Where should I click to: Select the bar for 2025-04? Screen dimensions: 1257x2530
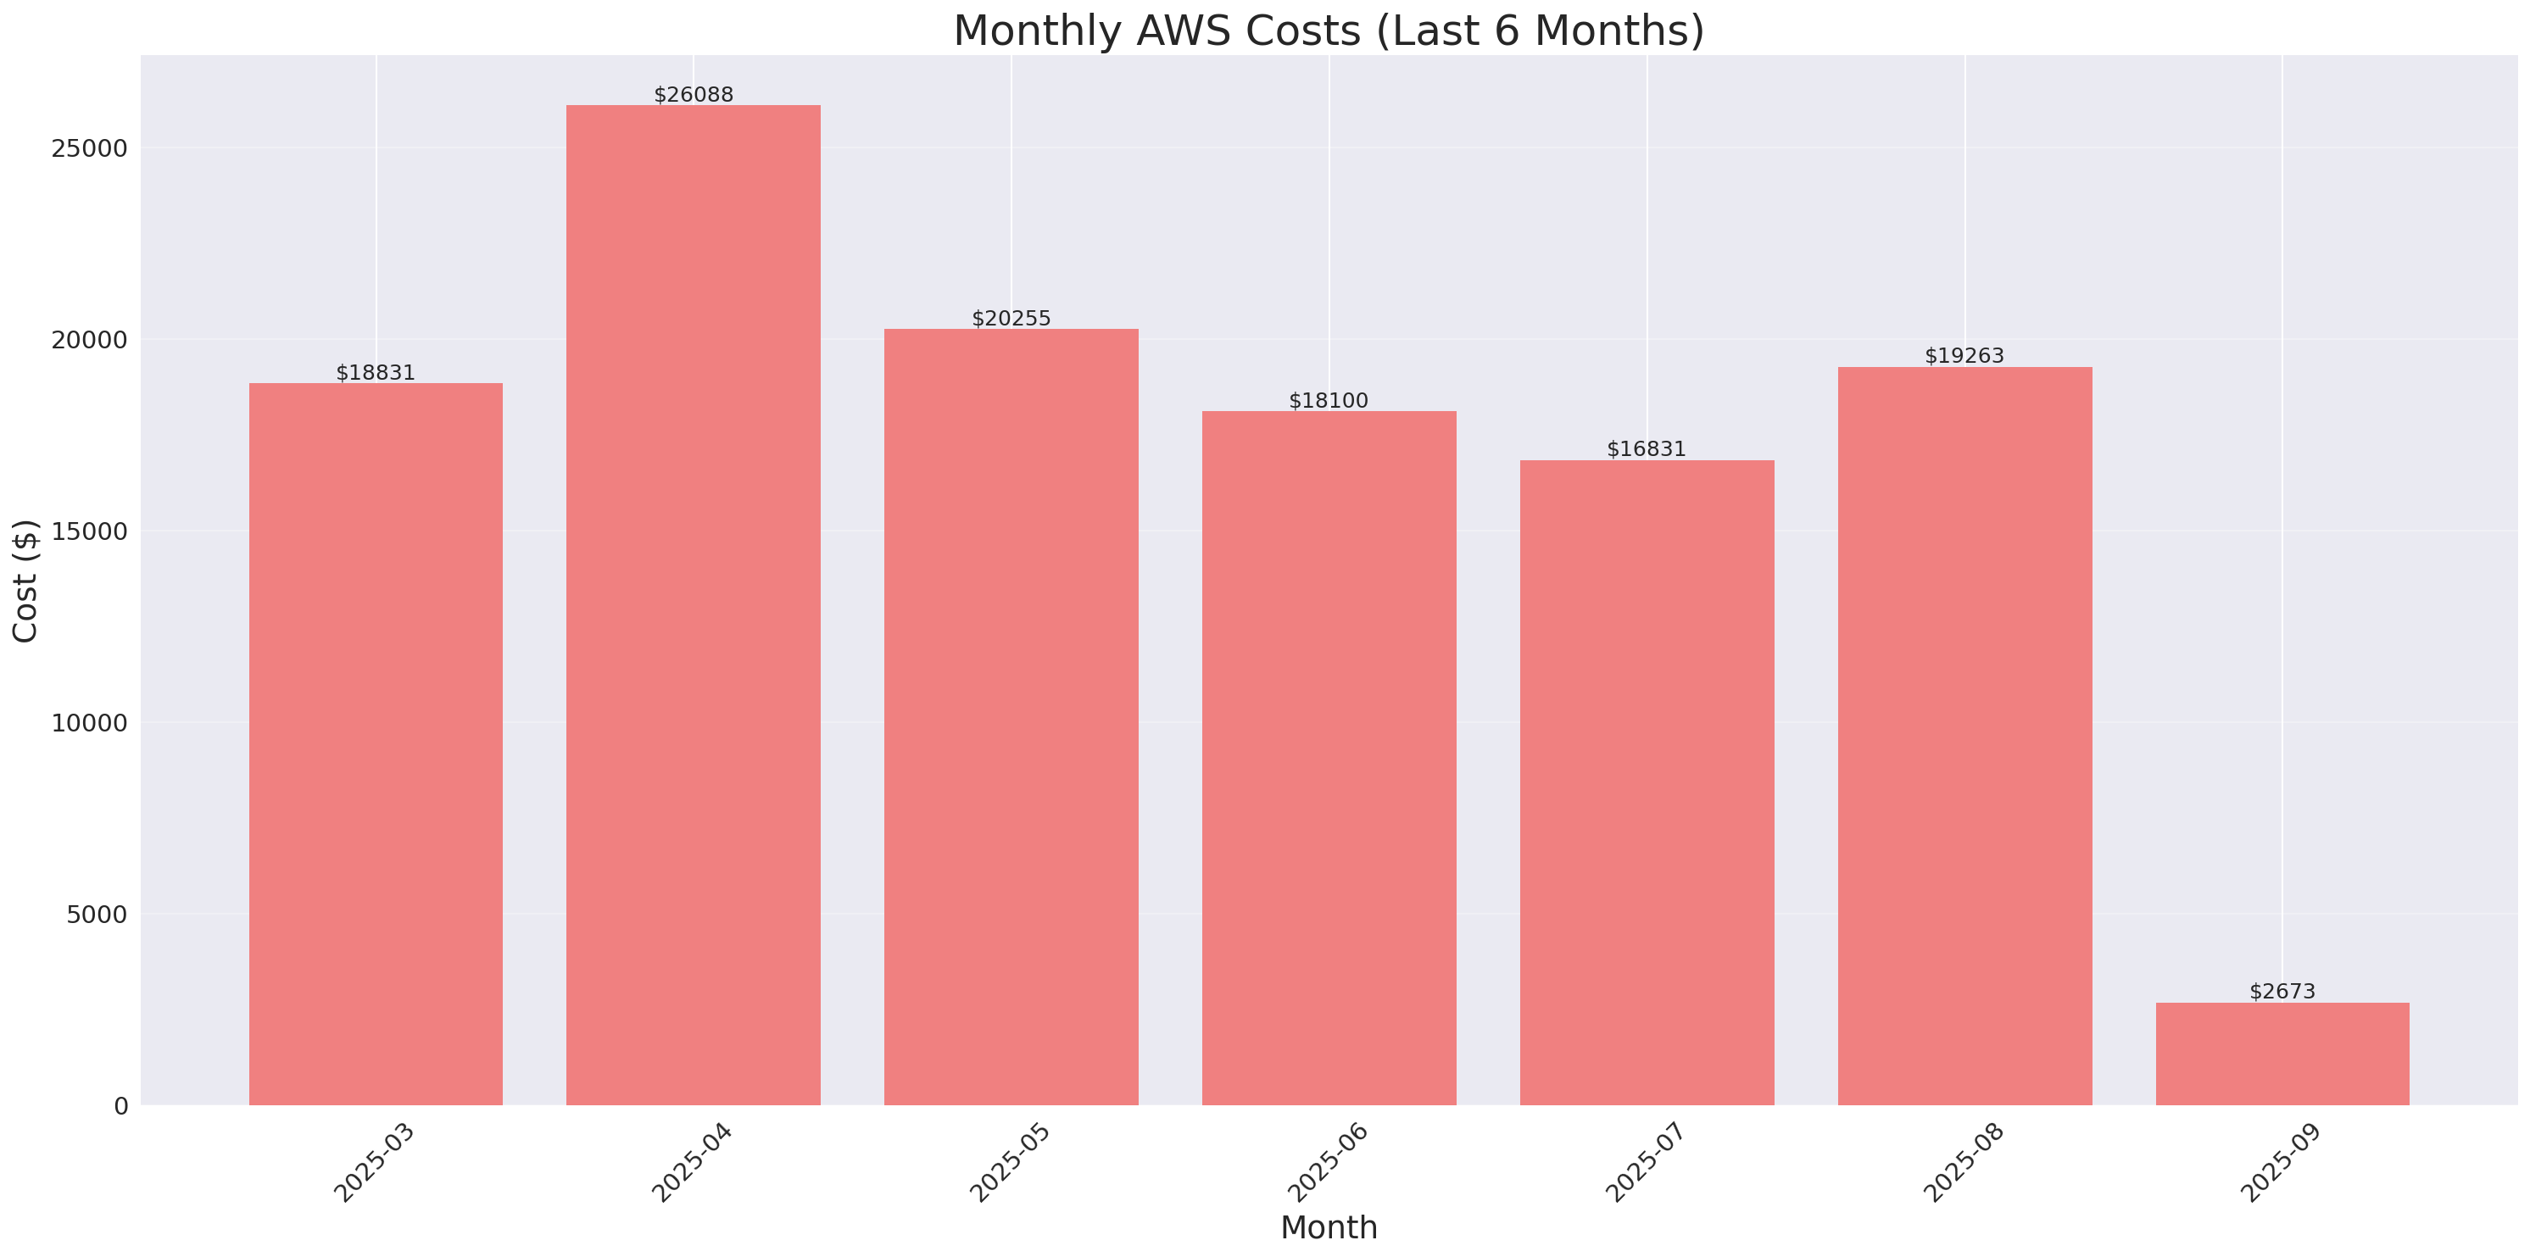pos(694,605)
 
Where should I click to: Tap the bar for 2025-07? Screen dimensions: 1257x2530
pos(1647,782)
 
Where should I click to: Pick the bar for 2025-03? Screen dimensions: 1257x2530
pos(376,744)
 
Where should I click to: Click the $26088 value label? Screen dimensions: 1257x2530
pos(694,95)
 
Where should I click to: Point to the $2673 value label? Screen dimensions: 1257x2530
pos(2282,992)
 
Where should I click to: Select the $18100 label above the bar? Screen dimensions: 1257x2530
pos(1328,401)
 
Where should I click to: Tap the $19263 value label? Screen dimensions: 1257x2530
pos(1964,355)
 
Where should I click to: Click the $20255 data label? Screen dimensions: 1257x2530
pos(1011,318)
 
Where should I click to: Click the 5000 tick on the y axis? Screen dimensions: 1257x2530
pos(98,915)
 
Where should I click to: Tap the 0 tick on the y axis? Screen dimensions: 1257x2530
pos(120,1107)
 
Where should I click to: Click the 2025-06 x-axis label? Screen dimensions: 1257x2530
pos(1328,1163)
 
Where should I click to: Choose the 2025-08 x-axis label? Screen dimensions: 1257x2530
pos(1964,1163)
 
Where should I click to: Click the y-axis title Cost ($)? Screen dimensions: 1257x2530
pos(25,581)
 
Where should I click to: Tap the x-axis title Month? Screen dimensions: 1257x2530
pos(1329,1227)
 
